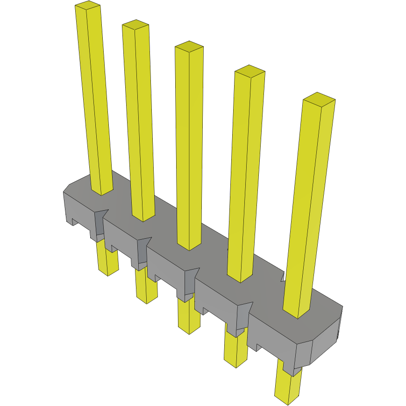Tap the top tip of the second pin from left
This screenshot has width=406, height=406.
tap(135, 24)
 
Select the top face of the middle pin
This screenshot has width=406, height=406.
tap(189, 46)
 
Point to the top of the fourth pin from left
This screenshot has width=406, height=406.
tap(249, 71)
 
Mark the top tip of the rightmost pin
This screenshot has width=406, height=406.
tap(319, 98)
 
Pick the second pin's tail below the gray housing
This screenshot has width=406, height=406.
tap(146, 287)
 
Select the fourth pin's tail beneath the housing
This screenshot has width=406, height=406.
tap(235, 350)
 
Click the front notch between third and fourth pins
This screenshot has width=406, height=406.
tap(191, 281)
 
